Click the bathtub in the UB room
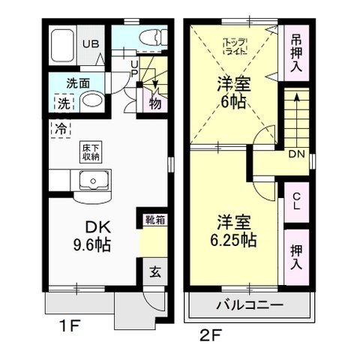point(61,46)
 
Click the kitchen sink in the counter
point(94,180)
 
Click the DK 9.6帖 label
point(91,235)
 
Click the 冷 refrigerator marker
point(59,129)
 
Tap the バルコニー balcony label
point(249,306)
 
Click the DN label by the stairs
point(295,154)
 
